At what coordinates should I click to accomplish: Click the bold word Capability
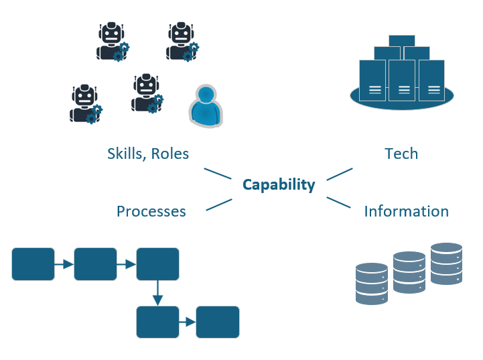click(279, 185)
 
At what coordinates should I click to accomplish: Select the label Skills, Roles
click(148, 154)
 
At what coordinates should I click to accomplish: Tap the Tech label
click(401, 154)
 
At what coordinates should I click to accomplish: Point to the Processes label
click(151, 212)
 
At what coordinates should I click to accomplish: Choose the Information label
click(406, 212)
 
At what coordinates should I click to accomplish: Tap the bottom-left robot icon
click(85, 104)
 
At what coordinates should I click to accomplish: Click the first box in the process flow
click(33, 264)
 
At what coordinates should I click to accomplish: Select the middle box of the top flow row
click(95, 264)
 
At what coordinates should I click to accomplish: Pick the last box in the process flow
click(218, 322)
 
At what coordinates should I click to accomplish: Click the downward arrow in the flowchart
click(157, 292)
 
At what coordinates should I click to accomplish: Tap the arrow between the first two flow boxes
click(64, 264)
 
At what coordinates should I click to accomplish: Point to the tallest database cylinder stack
click(446, 263)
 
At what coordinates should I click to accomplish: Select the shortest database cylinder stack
click(372, 284)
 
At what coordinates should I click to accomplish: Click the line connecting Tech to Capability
click(340, 174)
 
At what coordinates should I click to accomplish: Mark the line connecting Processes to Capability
click(219, 204)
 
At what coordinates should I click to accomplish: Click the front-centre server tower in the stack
click(402, 81)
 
